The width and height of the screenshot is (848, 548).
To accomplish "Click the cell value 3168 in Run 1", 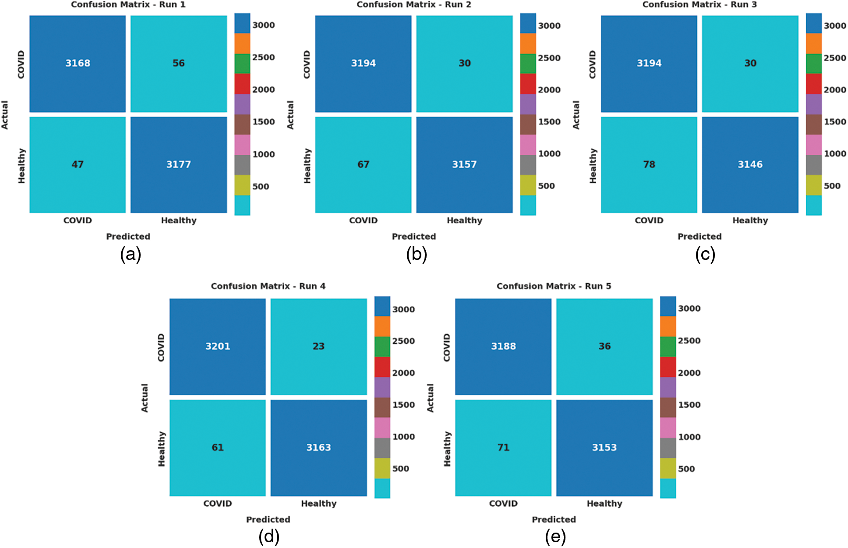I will tap(78, 63).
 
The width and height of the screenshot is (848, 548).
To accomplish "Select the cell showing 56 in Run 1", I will tap(178, 63).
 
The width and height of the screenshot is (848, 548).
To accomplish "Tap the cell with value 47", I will tap(78, 164).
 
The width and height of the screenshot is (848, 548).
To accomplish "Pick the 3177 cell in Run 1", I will tap(178, 164).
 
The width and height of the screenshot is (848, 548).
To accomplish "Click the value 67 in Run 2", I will tap(363, 164).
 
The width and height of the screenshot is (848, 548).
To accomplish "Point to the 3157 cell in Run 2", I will tap(464, 164).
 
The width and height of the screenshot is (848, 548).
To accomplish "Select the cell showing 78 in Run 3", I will tap(649, 164).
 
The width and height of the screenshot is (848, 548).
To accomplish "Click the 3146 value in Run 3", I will tap(750, 164).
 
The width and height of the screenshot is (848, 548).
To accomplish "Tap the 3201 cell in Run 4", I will tap(217, 347).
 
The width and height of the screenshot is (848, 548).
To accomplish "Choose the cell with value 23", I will tap(319, 347).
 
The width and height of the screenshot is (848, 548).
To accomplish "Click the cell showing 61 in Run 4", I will tap(217, 448).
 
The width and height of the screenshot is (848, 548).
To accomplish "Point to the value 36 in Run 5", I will tap(605, 347).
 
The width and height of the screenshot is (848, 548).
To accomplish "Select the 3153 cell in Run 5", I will tap(605, 448).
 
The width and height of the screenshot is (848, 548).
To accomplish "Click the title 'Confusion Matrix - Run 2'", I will tap(414, 5).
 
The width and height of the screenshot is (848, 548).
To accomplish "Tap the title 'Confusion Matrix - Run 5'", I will tap(554, 286).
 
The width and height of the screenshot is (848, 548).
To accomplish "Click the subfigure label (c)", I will tap(705, 255).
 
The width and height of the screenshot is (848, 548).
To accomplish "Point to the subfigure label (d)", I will tap(269, 537).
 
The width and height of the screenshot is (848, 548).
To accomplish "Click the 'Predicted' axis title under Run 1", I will tap(128, 237).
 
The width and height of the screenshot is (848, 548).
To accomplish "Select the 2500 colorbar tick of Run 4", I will tap(403, 341).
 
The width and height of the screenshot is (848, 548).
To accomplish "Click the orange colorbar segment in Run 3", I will tap(814, 44).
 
